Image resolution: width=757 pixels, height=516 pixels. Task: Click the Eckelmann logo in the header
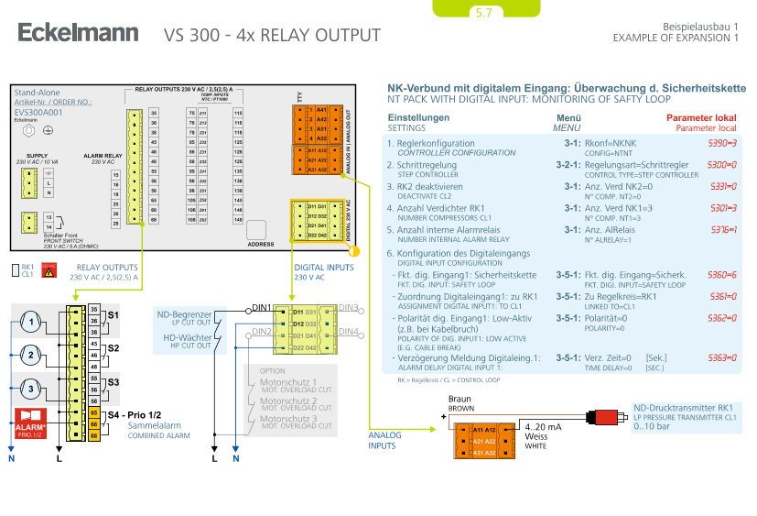tap(78, 34)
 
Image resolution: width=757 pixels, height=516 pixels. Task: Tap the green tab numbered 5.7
tap(483, 13)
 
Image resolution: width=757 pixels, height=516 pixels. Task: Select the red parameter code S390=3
tap(722, 144)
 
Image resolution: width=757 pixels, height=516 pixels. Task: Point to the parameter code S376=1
tap(722, 229)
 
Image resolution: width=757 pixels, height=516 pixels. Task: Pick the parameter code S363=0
tap(722, 357)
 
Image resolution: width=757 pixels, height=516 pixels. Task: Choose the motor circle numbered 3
tap(31, 390)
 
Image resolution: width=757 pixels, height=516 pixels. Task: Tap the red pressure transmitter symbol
tap(605, 418)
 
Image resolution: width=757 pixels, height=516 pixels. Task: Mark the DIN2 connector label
tap(261, 331)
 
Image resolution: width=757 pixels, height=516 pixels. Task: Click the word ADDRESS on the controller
tap(261, 245)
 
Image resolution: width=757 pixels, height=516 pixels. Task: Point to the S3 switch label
tap(113, 380)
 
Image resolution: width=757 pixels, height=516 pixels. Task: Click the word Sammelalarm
tap(151, 426)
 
